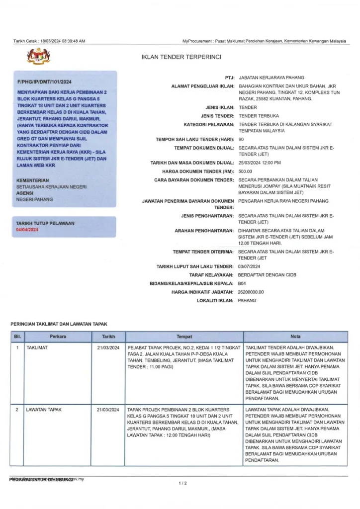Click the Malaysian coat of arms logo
pyautogui.click(x=39, y=57)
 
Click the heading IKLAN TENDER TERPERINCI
pyautogui.click(x=181, y=58)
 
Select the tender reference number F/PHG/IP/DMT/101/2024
pyautogui.click(x=44, y=82)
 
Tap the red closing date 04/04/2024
pyautogui.click(x=27, y=229)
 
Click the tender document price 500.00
pyautogui.click(x=245, y=171)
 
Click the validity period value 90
pyautogui.click(x=241, y=140)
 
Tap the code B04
pyautogui.click(x=243, y=283)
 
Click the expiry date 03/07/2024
pyautogui.click(x=250, y=266)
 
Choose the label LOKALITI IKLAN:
pyautogui.click(x=215, y=301)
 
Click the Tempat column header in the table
pyautogui.click(x=184, y=337)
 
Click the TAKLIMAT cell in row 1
pyautogui.click(x=37, y=347)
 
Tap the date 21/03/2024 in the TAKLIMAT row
pyautogui.click(x=108, y=347)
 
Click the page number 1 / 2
pyautogui.click(x=182, y=483)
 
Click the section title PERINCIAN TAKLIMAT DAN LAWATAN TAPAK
pyautogui.click(x=59, y=324)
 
